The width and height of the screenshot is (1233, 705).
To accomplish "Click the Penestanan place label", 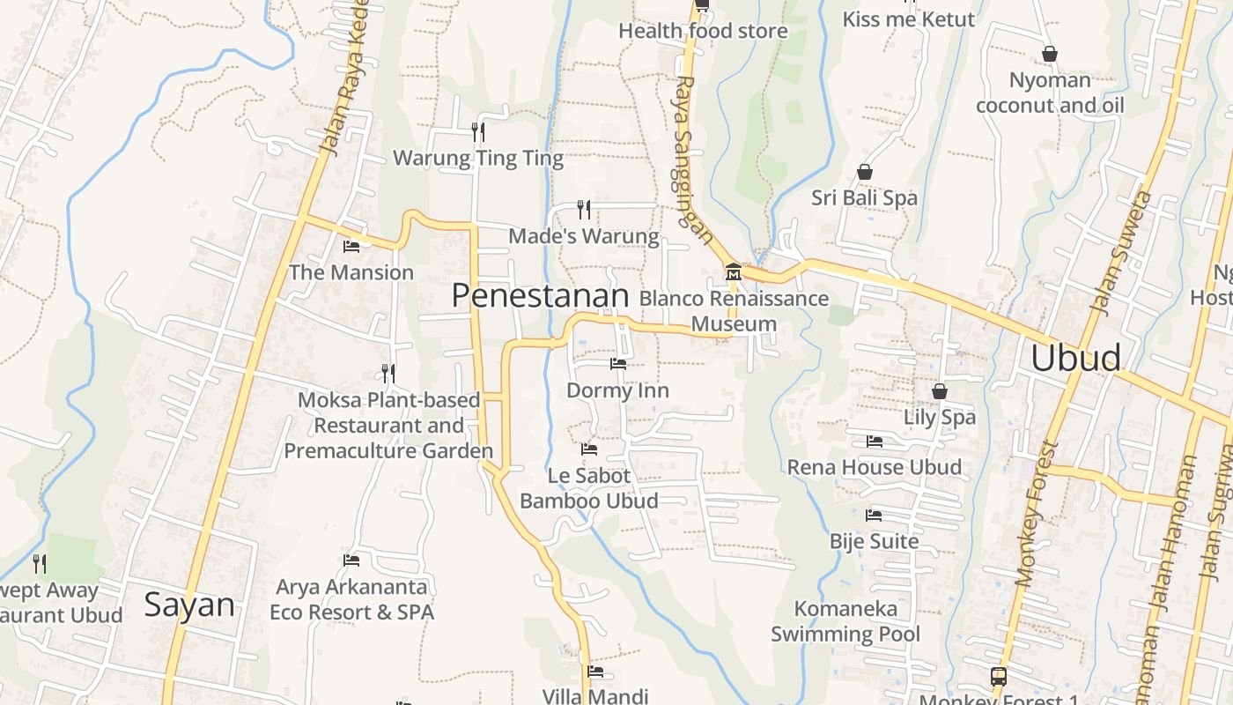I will [x=540, y=296].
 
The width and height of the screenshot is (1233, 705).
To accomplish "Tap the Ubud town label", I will [x=1075, y=359].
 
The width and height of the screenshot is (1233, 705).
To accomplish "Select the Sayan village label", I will [x=189, y=605].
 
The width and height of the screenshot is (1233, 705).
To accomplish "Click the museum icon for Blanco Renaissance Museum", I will [x=733, y=272].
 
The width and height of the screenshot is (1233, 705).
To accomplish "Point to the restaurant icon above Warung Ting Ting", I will [x=478, y=132].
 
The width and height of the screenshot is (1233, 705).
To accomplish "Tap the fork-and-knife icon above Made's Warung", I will [x=583, y=209].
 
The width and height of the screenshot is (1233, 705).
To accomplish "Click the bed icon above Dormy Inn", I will [x=617, y=363].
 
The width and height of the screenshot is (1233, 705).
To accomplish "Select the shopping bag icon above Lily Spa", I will [x=940, y=390].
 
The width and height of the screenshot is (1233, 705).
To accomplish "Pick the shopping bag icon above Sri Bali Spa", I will [x=865, y=172].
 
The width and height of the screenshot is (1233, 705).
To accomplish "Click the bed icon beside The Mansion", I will [x=351, y=247].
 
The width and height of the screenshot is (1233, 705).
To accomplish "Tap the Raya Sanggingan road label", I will [x=693, y=159].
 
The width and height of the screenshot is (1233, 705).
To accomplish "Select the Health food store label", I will [x=703, y=31].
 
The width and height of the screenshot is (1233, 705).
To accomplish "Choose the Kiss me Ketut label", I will [x=909, y=19].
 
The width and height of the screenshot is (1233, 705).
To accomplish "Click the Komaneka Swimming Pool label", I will [x=845, y=621].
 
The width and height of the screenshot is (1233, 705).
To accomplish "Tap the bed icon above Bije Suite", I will [x=874, y=515].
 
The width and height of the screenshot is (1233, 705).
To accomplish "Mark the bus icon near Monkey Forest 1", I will [x=999, y=677].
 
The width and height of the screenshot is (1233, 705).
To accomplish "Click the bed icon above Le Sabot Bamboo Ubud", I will [x=589, y=449].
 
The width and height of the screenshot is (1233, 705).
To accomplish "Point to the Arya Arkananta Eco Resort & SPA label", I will [x=351, y=599].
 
